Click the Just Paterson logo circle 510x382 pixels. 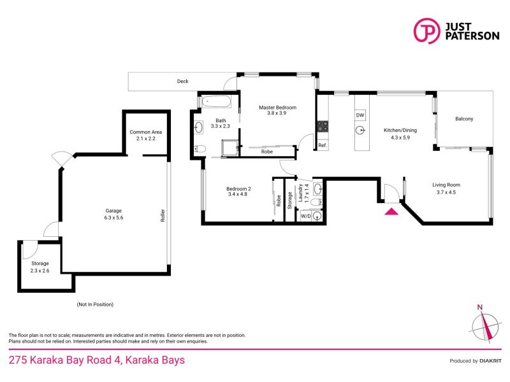(x=426, y=31)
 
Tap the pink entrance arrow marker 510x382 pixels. (x=391, y=210)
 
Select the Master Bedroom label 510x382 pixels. (x=277, y=108)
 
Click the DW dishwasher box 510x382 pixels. (x=360, y=115)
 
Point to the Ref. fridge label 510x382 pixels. (x=323, y=146)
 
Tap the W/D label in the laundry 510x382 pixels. (x=305, y=216)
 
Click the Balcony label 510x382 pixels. (x=463, y=119)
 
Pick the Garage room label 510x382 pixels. (x=113, y=211)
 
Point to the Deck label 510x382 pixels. (x=183, y=81)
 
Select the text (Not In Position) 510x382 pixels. (x=95, y=304)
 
